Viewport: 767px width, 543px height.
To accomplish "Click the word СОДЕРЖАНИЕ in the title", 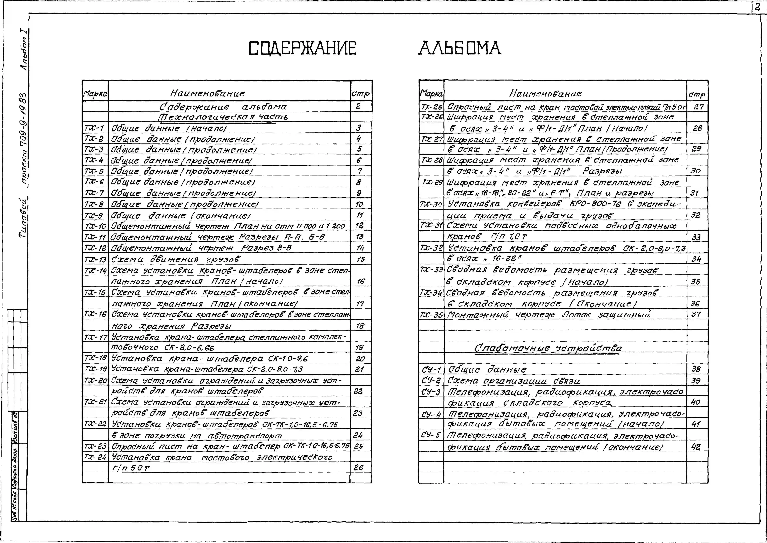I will click(x=303, y=48).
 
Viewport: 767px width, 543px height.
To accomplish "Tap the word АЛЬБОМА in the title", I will click(x=460, y=48).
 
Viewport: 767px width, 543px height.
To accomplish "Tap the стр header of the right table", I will click(x=697, y=95).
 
